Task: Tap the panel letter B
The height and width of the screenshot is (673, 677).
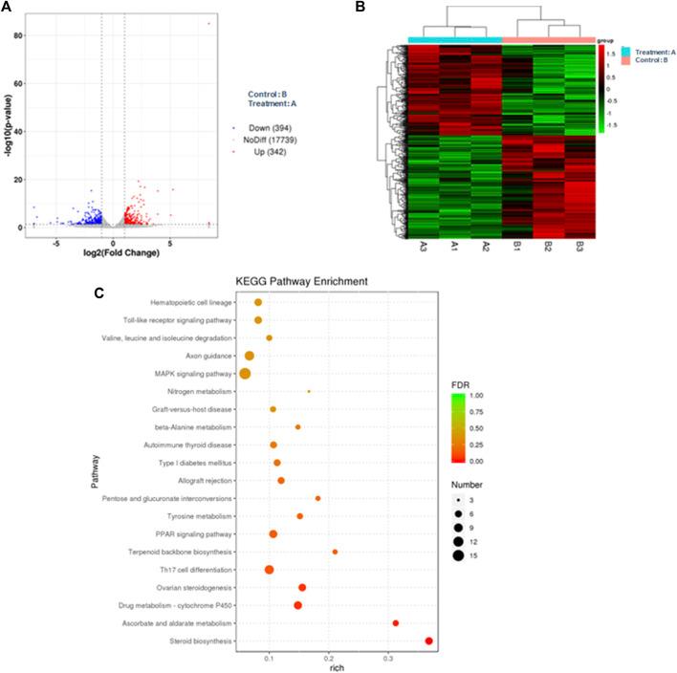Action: click(x=360, y=8)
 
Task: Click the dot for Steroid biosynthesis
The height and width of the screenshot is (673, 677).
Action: click(x=429, y=641)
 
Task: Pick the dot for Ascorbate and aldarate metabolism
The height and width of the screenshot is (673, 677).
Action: click(x=395, y=623)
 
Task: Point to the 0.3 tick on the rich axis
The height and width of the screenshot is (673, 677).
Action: click(x=389, y=659)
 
